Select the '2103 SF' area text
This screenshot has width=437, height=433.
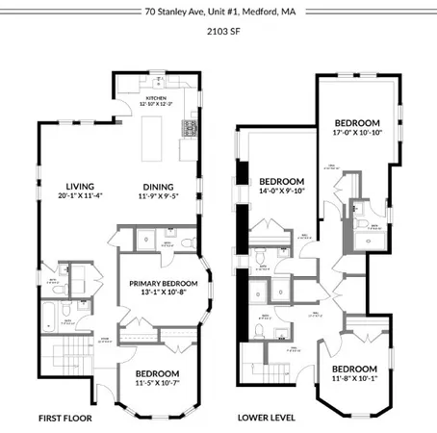[x=218, y=31]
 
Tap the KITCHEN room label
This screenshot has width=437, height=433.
[x=156, y=98]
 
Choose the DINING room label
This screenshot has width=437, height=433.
[x=160, y=187]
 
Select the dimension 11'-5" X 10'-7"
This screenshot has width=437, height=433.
[x=156, y=382]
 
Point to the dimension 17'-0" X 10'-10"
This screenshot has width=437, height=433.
[x=356, y=133]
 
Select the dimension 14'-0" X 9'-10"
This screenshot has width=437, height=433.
[x=281, y=191]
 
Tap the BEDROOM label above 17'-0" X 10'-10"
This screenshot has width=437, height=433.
[x=356, y=123]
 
